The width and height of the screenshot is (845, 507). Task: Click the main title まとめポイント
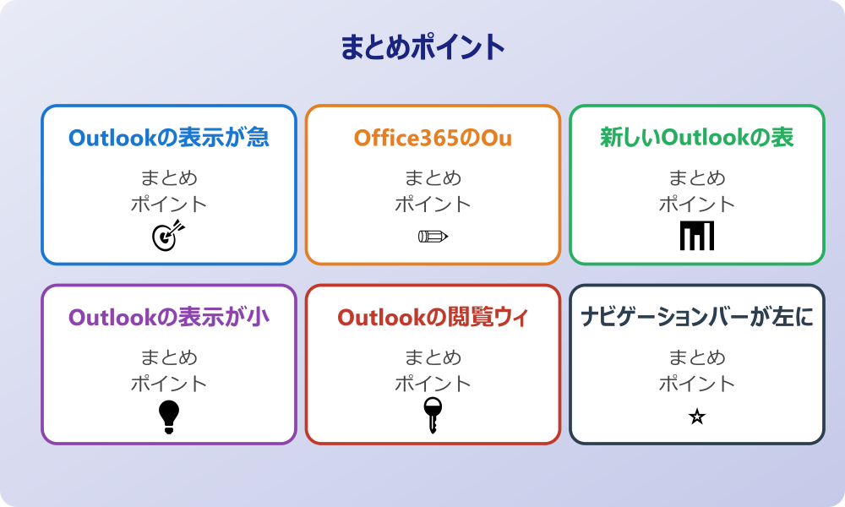tap(422, 47)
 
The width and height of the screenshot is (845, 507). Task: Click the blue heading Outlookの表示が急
tap(169, 137)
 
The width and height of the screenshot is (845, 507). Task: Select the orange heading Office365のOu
tap(433, 137)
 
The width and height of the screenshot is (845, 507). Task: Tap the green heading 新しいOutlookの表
tap(697, 137)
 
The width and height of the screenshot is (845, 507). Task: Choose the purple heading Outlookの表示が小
tap(169, 317)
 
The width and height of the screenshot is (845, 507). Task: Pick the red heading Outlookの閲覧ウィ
tap(433, 317)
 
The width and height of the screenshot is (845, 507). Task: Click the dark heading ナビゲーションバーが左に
tap(697, 317)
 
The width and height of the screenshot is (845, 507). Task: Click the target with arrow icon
tap(167, 235)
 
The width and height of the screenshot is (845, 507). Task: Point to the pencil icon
tap(433, 236)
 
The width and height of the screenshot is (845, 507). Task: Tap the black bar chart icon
tap(697, 236)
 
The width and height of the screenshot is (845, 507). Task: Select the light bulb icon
tap(169, 416)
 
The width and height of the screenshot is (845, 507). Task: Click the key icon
tap(433, 415)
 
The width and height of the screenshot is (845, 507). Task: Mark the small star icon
tap(697, 417)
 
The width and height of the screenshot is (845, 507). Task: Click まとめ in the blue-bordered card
tap(169, 178)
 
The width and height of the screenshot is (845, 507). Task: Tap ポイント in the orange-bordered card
tap(433, 204)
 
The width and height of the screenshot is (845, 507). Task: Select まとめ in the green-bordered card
tap(697, 178)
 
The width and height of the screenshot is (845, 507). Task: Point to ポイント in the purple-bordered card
tap(169, 384)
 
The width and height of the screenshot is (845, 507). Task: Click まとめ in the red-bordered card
tap(433, 358)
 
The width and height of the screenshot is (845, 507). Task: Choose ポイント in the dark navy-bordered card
tap(697, 384)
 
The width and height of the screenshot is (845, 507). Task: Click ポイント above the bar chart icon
tap(697, 204)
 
